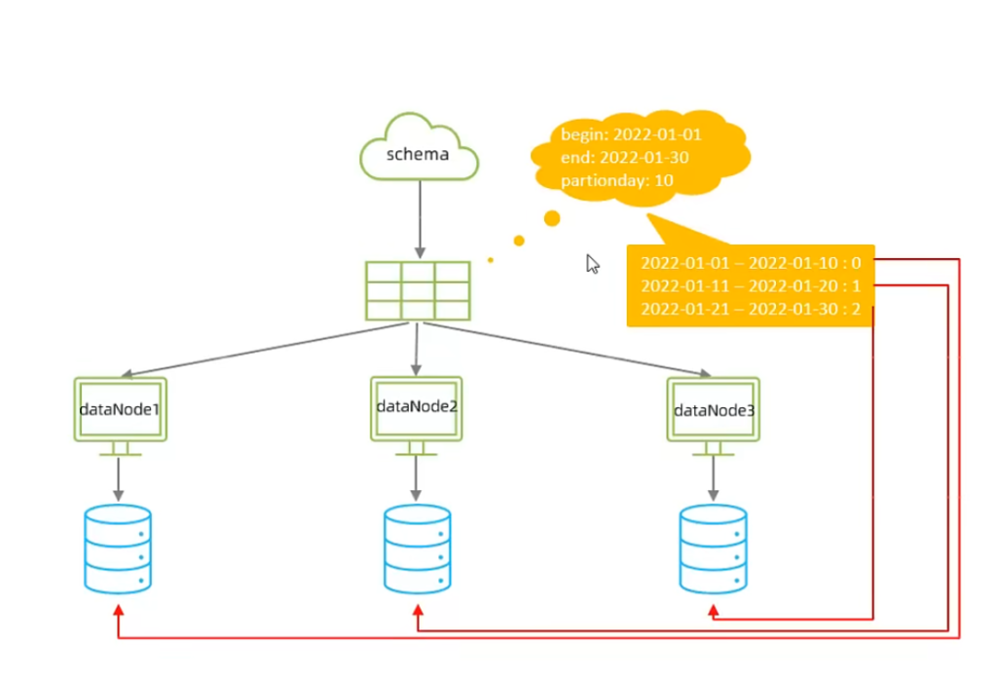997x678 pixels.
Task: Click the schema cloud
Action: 420,151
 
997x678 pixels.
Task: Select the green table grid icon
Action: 418,290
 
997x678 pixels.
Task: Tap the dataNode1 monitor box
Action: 121,409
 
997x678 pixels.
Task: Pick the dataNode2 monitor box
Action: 416,407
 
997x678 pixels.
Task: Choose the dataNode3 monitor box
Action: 714,410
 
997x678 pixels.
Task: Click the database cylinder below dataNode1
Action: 118,548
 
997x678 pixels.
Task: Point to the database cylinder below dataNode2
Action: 417,548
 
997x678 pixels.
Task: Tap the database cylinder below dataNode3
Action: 713,548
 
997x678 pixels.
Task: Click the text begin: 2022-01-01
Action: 631,135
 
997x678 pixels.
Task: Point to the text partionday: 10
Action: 617,180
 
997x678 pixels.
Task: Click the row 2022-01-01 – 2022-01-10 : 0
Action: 751,263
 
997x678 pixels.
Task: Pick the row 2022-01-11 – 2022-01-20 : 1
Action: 751,285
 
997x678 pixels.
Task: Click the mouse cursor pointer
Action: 592,264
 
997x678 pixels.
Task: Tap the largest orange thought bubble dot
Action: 552,217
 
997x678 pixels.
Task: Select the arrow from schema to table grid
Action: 420,219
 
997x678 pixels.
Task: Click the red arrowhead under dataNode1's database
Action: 118,611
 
